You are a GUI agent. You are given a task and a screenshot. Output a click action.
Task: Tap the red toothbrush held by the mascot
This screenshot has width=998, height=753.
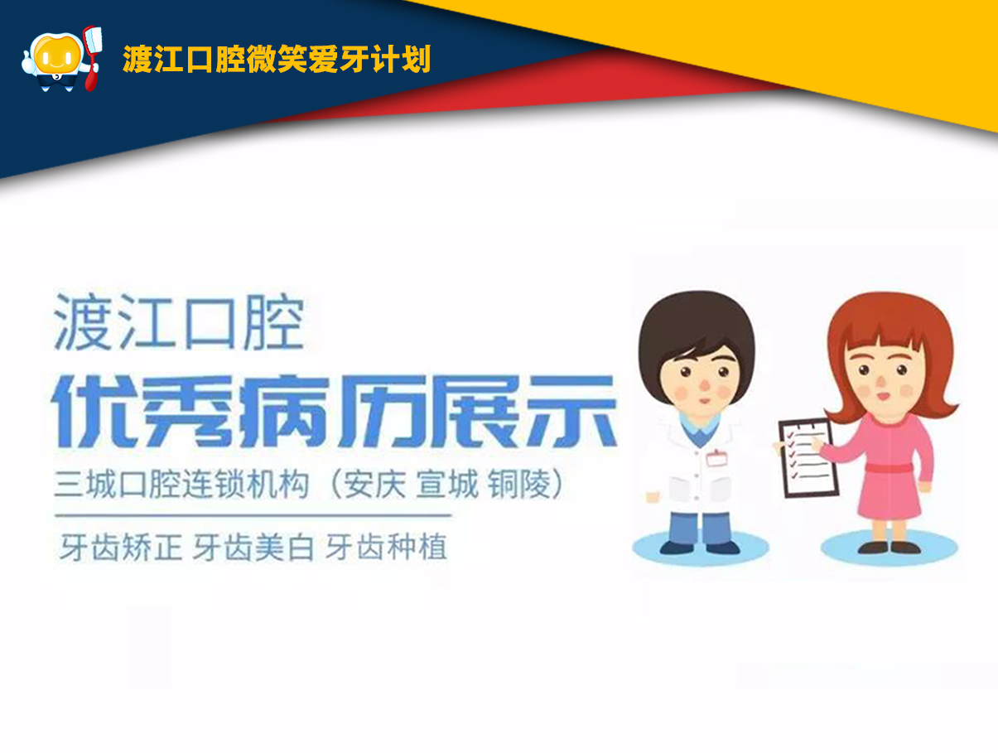92,58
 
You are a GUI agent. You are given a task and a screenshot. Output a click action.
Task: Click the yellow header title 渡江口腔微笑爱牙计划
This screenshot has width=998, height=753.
277,59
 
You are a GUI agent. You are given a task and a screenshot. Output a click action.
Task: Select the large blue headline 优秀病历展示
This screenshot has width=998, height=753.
334,411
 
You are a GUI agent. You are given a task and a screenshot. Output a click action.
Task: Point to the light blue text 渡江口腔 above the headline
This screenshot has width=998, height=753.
180,322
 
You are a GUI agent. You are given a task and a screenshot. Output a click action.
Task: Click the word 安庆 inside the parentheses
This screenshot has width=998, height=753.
374,484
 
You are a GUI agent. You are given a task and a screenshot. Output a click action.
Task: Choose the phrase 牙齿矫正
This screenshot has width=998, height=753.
121,547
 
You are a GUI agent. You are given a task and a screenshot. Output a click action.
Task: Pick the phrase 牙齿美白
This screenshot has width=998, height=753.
253,547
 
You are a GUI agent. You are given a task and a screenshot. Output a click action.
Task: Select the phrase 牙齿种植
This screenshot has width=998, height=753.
387,547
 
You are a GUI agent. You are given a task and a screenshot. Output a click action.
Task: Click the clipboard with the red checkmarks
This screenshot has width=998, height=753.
808,458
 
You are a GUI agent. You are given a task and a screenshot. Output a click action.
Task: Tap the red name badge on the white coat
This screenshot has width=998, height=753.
716,458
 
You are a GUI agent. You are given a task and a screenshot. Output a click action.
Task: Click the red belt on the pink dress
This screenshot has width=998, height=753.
888,468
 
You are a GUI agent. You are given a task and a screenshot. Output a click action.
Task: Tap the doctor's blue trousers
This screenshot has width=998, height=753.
701,528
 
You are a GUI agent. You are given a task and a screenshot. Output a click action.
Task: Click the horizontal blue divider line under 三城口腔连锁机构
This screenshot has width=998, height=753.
253,515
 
